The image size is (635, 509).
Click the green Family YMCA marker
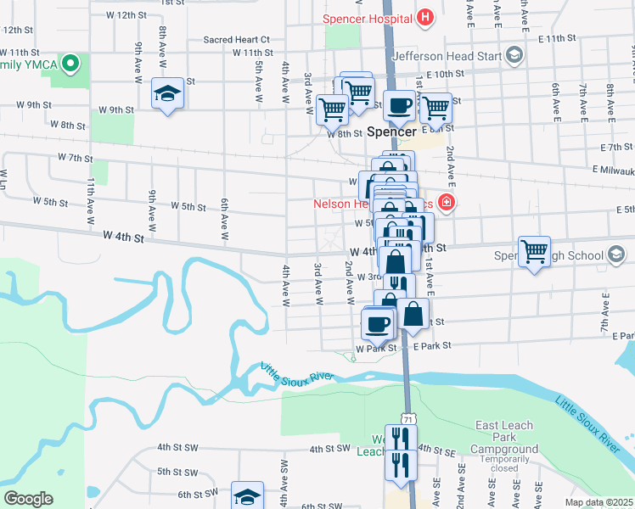click(72, 64)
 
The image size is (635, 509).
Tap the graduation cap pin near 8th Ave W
click(168, 93)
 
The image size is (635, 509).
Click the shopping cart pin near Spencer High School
click(534, 252)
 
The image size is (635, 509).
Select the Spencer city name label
click(392, 132)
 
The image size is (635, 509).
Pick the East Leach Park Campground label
click(504, 437)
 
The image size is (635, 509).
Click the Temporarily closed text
click(505, 462)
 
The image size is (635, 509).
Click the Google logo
click(28, 499)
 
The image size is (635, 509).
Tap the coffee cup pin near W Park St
click(378, 323)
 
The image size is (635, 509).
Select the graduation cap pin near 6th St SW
click(247, 496)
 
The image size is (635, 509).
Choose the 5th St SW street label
click(177, 471)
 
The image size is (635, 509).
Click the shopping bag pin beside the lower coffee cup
click(413, 314)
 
